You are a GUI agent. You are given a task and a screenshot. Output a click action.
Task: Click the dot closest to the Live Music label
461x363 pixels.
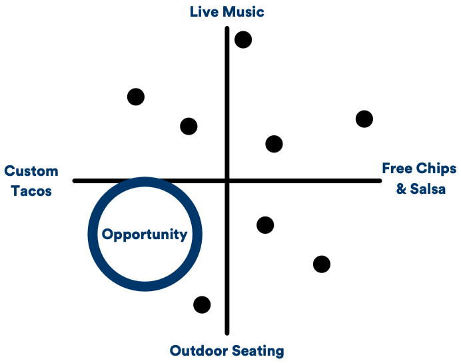click(243, 40)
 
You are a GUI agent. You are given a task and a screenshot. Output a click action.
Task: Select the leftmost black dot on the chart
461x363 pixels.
click(136, 97)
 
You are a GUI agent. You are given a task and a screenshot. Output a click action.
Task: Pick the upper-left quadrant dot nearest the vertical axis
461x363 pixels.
click(189, 126)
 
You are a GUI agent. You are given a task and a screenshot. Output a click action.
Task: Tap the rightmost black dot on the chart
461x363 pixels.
click(364, 119)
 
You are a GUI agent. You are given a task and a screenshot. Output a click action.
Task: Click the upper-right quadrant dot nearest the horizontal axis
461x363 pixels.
click(274, 144)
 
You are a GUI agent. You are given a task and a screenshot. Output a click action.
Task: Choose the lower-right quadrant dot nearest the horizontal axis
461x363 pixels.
click(265, 225)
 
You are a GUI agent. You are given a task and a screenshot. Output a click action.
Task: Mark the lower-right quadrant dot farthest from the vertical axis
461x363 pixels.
click(322, 264)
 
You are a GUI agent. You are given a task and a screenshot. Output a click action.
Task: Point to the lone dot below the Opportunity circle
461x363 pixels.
click(202, 304)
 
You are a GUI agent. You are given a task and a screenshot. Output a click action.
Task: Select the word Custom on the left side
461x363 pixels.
click(31, 171)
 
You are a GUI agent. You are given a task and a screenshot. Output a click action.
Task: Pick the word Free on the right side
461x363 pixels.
click(396, 168)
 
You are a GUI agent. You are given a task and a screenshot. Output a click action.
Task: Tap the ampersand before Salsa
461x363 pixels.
click(401, 188)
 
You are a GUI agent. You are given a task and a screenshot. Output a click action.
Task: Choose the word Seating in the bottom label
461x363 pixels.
click(257, 351)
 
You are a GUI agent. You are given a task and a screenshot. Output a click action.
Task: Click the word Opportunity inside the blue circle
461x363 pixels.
click(145, 234)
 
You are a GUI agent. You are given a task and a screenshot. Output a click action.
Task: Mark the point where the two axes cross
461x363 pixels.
click(227, 181)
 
